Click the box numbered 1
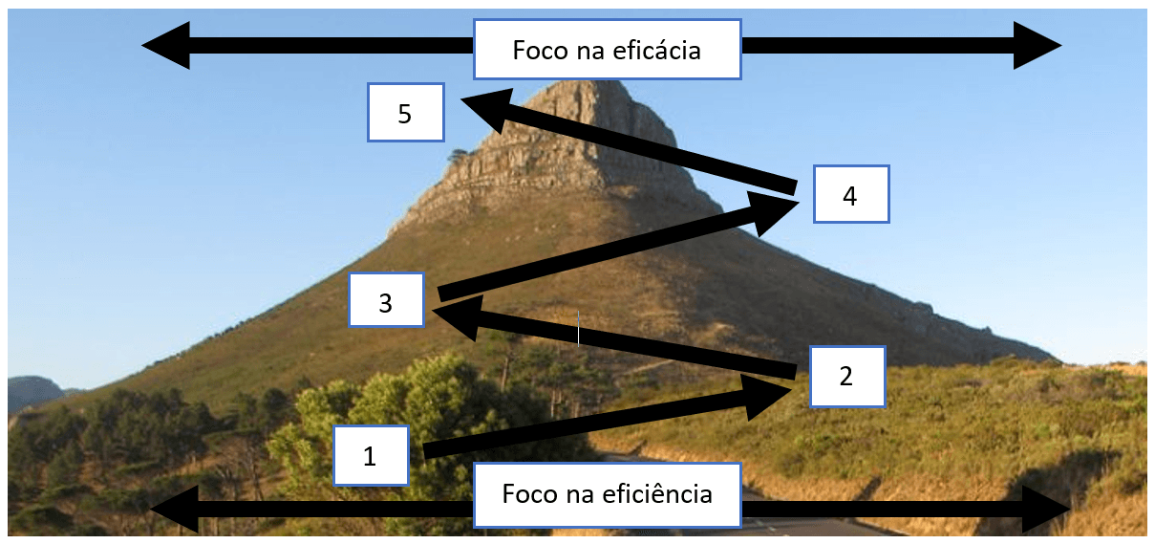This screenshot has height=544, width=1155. point(372,455)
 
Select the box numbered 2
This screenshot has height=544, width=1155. point(847,377)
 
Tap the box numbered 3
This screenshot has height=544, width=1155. point(386,300)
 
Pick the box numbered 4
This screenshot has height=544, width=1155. point(851,194)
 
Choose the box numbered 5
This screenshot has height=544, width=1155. point(406,112)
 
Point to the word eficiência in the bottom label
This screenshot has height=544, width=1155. point(657,494)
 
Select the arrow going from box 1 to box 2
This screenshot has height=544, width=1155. point(608,417)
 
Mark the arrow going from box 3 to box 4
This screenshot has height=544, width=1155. point(618,247)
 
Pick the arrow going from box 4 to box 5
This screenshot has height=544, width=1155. point(628,141)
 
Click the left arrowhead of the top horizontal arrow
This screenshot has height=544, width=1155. point(166,46)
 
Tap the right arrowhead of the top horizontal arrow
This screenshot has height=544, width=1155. point(1037,46)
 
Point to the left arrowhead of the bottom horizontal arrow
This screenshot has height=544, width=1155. point(174,509)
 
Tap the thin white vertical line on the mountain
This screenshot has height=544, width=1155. point(579,328)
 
